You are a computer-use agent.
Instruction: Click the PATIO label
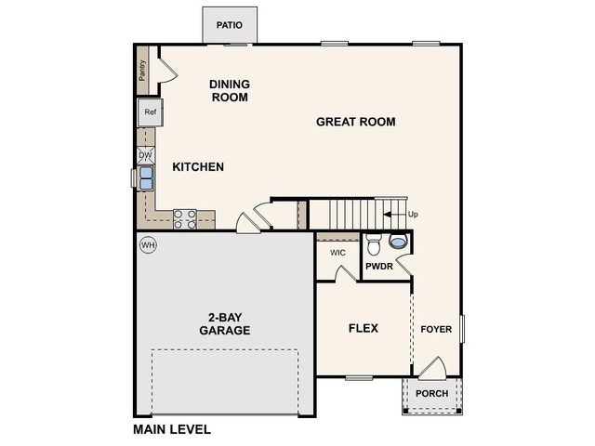(x=230, y=25)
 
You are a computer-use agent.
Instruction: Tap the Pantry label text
(x=142, y=72)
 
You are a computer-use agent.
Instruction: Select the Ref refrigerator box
(x=150, y=113)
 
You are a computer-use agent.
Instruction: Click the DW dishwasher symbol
(x=146, y=155)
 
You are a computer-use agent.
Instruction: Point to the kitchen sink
(x=146, y=177)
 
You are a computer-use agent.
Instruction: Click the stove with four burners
(x=185, y=219)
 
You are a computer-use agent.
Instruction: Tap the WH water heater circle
(x=147, y=245)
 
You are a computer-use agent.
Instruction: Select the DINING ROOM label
(x=230, y=90)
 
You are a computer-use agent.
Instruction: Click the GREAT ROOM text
(x=355, y=122)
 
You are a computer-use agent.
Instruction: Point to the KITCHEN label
(x=198, y=167)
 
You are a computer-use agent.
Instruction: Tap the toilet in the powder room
(x=374, y=245)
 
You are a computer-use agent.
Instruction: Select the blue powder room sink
(x=399, y=243)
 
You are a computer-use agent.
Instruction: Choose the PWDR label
(x=378, y=267)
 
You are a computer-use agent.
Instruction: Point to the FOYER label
(x=436, y=329)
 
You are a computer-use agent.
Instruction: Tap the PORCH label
(x=431, y=394)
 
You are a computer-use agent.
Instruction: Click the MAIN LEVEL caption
(x=172, y=429)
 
